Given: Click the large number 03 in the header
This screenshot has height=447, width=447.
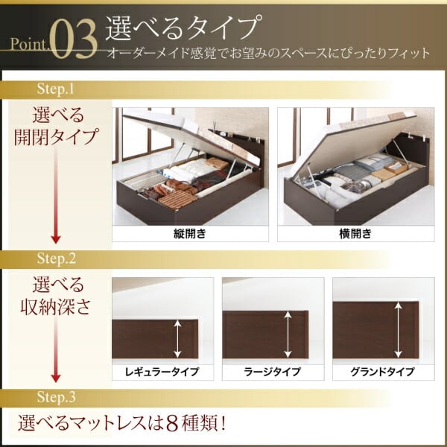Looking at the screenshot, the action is pos(74,40).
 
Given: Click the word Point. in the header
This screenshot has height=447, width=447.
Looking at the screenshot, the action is pos(30,44).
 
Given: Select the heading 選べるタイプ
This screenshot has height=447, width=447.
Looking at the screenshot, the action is pos(184,28).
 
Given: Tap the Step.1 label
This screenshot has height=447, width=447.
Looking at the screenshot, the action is pos(56,89).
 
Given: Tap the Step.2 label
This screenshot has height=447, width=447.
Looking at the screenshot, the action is pos(57,259).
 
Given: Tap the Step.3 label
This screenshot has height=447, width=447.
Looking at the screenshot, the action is pos(57,397).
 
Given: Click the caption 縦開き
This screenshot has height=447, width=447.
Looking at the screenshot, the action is pos(190,234).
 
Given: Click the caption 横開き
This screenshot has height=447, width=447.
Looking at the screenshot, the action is pos(355,234).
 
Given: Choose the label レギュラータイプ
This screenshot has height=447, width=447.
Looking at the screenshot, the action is pos(162,372).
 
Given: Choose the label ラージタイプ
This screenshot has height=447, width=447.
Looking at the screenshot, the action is pos(272,372).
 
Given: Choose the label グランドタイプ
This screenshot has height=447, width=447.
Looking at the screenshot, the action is pos(382,372).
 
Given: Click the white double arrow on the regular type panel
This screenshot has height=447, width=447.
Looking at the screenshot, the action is pos(177,338).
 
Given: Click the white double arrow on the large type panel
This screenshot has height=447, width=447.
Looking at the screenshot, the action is pos(288,334).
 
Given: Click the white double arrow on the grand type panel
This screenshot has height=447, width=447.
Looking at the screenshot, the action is pos(399,330).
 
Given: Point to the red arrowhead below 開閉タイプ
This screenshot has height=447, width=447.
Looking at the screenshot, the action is pos(56,239).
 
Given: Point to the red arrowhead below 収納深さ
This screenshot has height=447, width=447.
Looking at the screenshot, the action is pos(56,378).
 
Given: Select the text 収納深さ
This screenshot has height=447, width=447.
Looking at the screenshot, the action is pos(55,307).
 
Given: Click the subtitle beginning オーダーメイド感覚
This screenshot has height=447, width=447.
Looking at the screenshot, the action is pos(268,54).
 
